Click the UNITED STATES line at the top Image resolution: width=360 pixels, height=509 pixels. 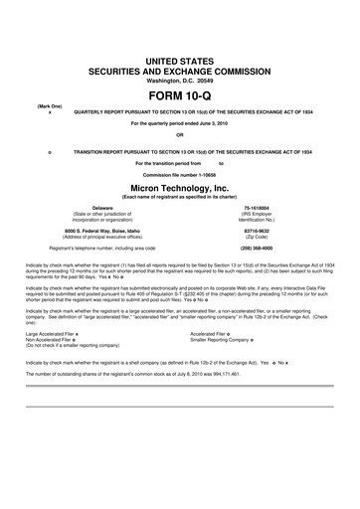180,62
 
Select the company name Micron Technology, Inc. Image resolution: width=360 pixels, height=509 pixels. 180,185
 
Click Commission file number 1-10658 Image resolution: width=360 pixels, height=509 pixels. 180,171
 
